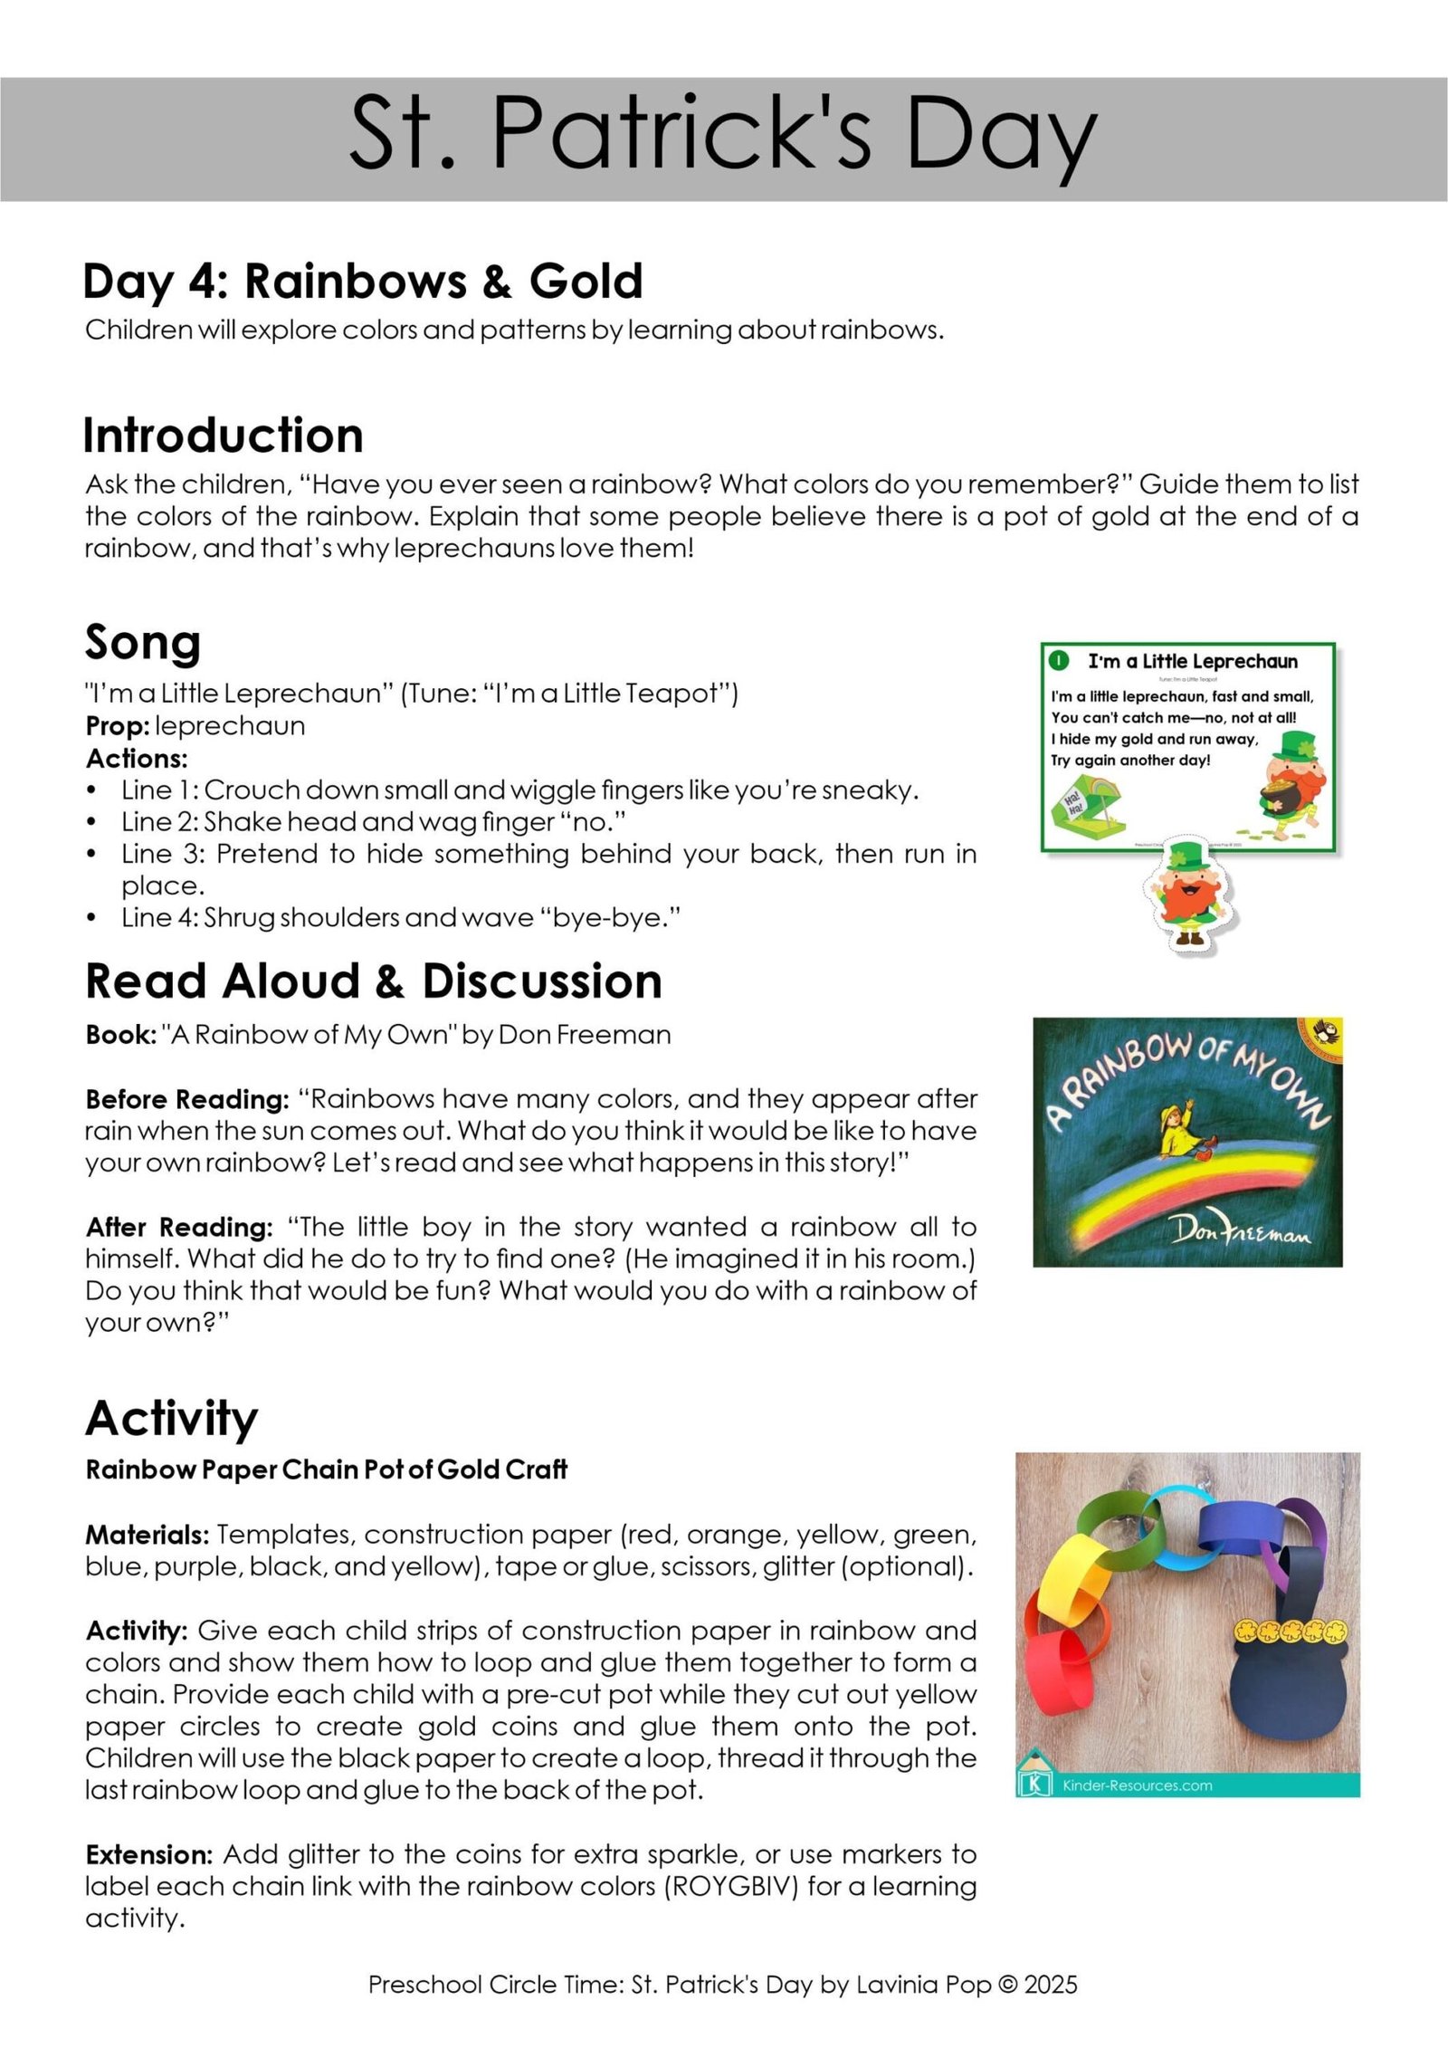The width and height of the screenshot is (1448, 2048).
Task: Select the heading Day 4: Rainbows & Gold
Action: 362,281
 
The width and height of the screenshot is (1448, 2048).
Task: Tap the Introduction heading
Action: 223,435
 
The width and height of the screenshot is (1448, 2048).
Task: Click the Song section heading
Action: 143,643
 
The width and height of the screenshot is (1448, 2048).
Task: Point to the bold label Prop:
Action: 118,726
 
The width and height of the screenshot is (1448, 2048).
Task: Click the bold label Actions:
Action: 137,758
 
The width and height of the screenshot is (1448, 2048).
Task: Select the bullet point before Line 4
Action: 91,918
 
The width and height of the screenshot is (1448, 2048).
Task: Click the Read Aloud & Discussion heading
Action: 373,981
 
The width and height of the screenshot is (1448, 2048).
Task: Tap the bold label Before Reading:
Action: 187,1099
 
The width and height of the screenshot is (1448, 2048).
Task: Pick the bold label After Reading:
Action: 179,1228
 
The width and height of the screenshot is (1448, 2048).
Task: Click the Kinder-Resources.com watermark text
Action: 1137,1785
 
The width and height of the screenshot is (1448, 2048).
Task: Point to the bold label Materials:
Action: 148,1536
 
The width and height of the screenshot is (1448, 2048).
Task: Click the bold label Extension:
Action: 149,1855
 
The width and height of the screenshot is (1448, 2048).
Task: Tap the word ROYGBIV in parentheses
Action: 731,1887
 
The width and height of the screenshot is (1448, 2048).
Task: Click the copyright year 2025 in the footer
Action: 1051,1986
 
